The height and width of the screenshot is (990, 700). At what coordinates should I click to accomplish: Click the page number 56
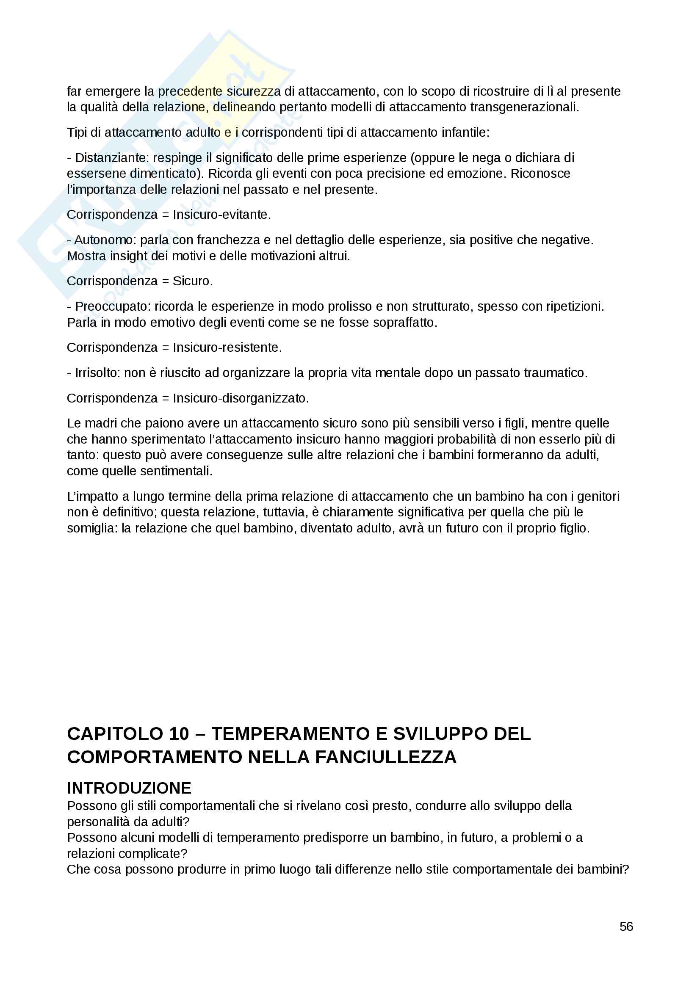pos(626,926)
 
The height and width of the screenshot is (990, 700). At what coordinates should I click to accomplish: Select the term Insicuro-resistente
pos(227,347)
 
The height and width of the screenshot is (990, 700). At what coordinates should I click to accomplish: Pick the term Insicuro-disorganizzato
pos(240,398)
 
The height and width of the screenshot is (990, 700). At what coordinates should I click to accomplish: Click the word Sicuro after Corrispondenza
pos(192,281)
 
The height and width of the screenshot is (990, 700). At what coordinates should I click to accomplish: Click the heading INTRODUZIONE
pos(129,788)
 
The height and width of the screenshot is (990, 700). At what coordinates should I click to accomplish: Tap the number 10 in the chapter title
pos(179,734)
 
